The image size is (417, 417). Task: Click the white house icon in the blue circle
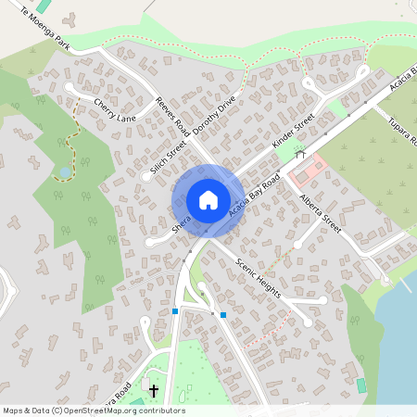tap(208, 200)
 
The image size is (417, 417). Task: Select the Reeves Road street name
tap(172, 118)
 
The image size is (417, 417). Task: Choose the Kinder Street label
tap(294, 133)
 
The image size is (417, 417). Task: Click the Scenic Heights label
tap(260, 269)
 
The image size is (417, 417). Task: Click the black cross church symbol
tap(154, 392)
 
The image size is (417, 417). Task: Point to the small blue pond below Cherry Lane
tap(64, 172)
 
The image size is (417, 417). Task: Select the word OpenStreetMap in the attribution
tap(101, 411)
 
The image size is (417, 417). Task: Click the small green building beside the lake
tap(361, 384)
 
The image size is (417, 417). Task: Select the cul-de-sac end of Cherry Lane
tap(69, 88)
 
